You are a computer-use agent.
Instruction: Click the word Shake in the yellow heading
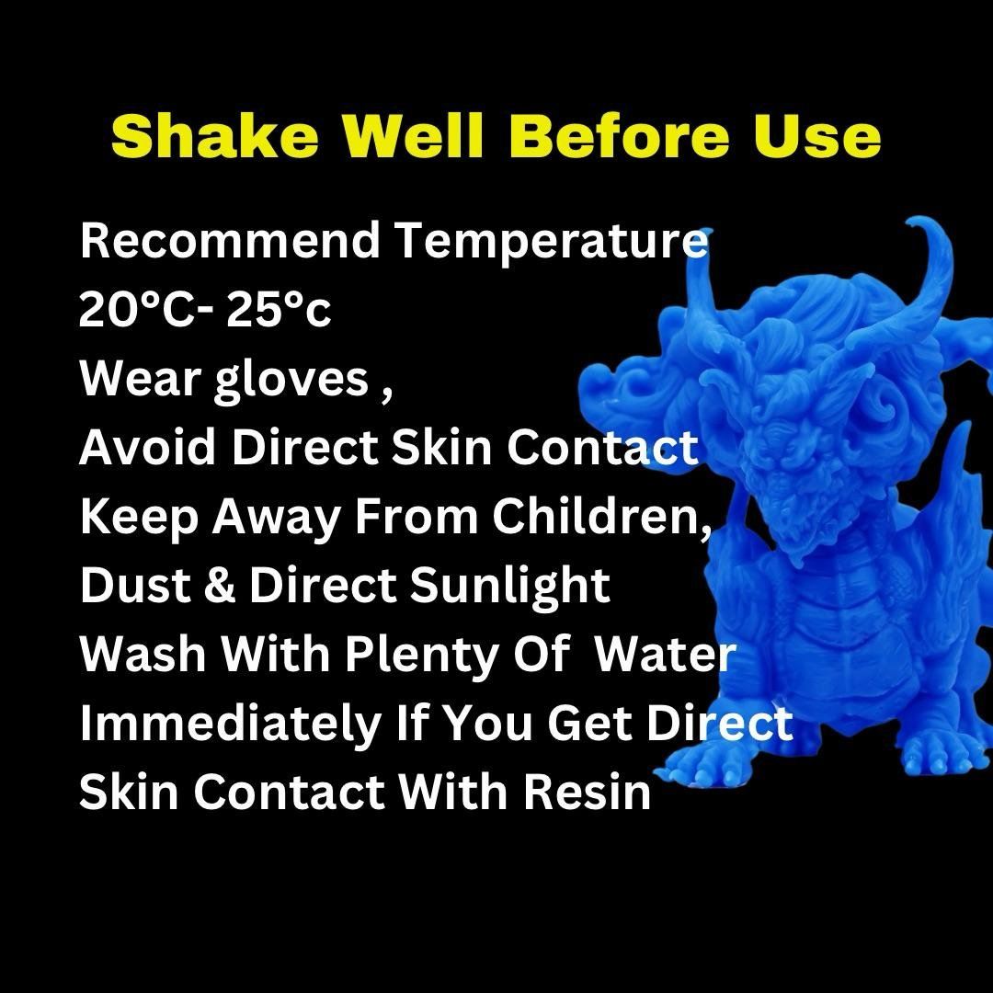pos(214,135)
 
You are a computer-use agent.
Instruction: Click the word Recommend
pos(229,240)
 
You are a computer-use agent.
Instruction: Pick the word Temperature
pos(551,244)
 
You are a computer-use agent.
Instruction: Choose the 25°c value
pos(279,310)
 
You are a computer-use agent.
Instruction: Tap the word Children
pos(602,516)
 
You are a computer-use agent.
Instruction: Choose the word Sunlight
pos(509,588)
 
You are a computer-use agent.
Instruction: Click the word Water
pos(666,654)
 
